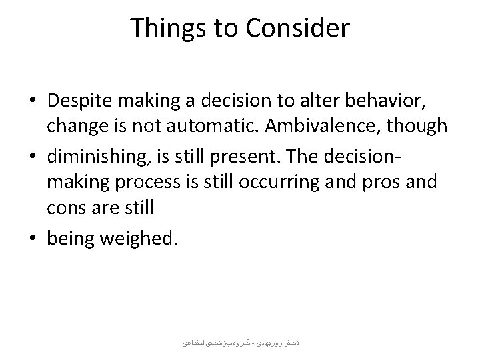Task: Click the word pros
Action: point(379,182)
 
